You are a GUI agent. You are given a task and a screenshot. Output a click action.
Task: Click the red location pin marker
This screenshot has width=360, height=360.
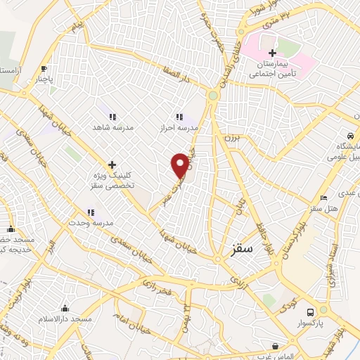180,165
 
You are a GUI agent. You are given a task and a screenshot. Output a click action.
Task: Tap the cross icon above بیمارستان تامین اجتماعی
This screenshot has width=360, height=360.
272,53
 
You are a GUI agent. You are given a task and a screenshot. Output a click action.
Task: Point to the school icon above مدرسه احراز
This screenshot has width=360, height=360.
179,117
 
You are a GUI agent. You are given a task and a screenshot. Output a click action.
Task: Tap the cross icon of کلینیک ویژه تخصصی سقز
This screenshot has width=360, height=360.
112,164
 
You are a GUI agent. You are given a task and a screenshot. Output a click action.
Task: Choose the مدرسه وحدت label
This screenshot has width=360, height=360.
90,223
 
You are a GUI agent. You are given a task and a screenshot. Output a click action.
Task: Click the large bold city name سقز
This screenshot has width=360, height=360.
243,247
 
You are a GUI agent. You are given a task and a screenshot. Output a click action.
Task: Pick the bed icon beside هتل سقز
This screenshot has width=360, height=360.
323,198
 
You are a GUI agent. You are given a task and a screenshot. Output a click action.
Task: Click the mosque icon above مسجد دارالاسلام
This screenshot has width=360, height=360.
65,308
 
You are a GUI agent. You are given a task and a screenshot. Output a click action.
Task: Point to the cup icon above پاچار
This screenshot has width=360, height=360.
44,69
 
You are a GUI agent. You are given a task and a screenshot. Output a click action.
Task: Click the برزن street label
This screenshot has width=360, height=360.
233,139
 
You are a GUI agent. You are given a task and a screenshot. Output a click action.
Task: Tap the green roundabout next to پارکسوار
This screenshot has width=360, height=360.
323,310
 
